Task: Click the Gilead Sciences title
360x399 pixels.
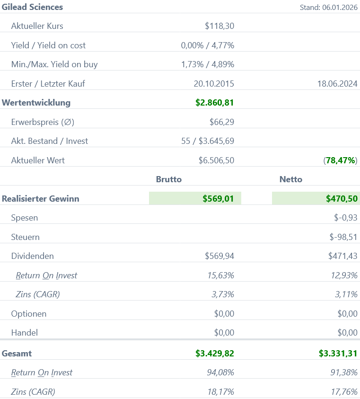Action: [x=32, y=7]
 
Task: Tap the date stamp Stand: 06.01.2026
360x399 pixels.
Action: [x=328, y=8]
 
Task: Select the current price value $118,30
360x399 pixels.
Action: [x=219, y=26]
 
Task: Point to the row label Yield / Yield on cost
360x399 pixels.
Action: [x=48, y=45]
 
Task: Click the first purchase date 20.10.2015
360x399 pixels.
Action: [x=214, y=84]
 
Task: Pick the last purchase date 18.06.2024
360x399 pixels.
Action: [x=337, y=84]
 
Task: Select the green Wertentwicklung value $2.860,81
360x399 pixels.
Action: [x=214, y=103]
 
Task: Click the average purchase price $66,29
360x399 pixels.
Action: [x=221, y=122]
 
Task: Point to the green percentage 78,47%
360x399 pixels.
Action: [x=341, y=160]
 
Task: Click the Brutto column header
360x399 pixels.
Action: [x=169, y=179]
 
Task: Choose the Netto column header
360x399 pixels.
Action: [x=290, y=179]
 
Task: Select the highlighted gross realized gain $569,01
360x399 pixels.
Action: [x=218, y=199]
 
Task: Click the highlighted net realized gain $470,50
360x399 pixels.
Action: [x=342, y=199]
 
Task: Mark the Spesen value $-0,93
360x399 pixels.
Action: [x=345, y=218]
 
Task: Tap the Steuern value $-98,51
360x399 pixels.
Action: [x=343, y=237]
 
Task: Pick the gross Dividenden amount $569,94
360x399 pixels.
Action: [x=219, y=256]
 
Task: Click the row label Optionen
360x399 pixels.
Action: [x=28, y=314]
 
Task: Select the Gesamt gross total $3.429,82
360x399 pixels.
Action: [x=214, y=354]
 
